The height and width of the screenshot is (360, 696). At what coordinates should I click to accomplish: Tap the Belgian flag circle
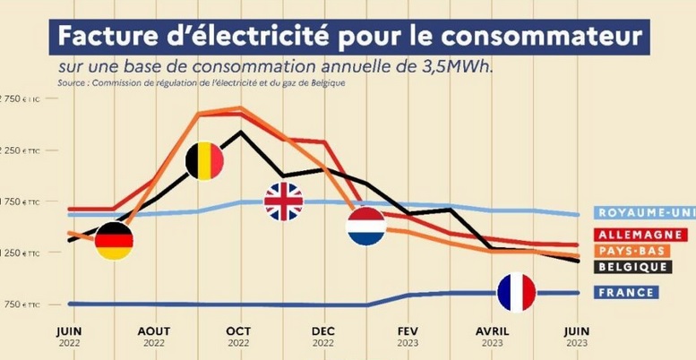click(204, 160)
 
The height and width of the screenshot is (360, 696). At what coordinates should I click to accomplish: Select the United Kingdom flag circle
click(283, 201)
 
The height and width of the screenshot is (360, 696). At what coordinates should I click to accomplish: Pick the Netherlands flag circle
click(366, 226)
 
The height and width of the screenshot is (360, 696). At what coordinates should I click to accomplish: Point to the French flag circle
click(517, 292)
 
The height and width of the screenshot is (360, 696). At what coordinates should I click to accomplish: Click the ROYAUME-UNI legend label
click(642, 213)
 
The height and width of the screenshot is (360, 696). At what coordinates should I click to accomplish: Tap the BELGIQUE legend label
click(633, 267)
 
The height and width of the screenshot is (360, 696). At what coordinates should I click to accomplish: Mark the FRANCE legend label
click(625, 292)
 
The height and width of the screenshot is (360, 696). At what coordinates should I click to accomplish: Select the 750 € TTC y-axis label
click(20, 304)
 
